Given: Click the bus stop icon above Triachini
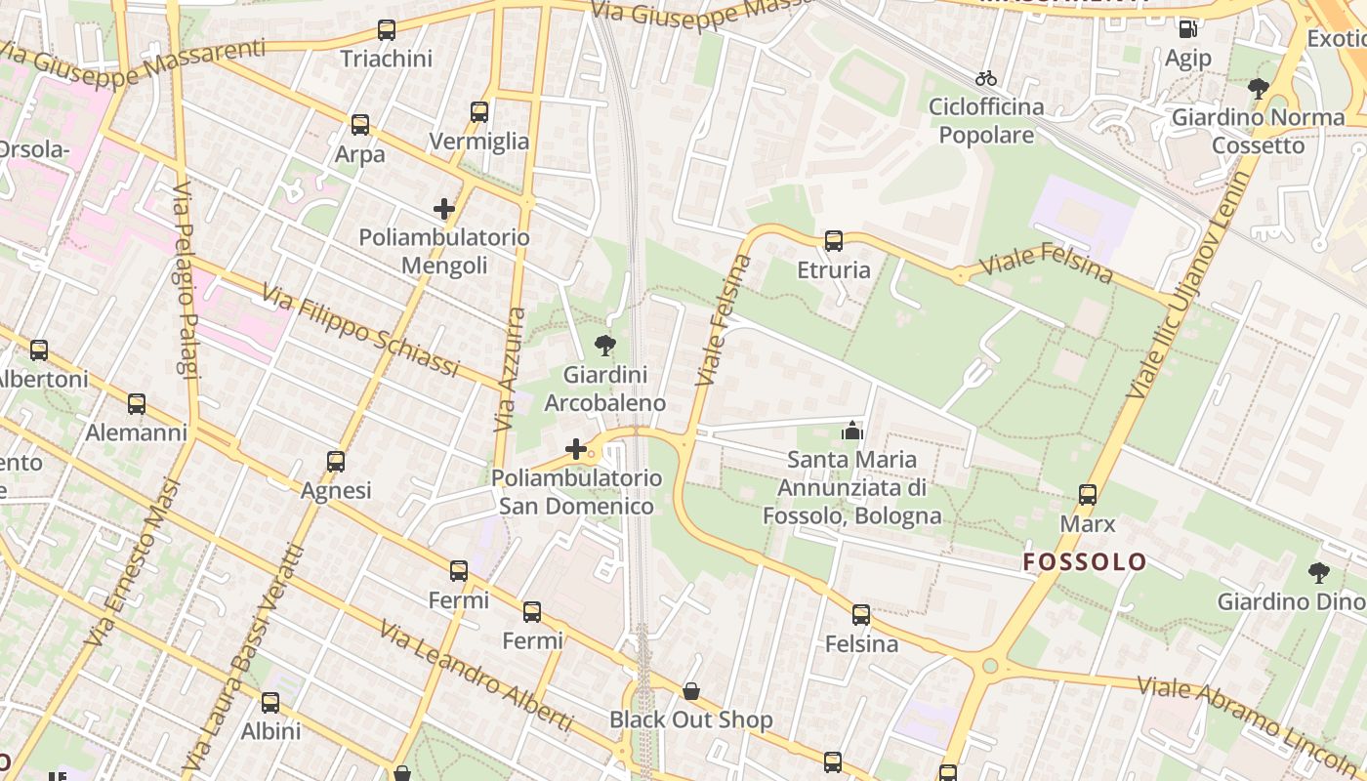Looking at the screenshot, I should pyautogui.click(x=387, y=30).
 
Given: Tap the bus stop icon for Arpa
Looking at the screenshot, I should pyautogui.click(x=360, y=125).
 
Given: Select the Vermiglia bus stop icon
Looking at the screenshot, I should pyautogui.click(x=478, y=112).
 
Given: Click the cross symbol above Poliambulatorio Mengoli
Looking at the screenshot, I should pyautogui.click(x=444, y=209).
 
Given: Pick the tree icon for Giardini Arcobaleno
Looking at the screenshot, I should pyautogui.click(x=605, y=345).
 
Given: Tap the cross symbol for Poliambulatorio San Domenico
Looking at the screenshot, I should pyautogui.click(x=576, y=449).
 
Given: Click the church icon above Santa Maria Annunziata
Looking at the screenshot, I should pyautogui.click(x=852, y=430).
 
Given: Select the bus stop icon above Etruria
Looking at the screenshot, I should pyautogui.click(x=833, y=241).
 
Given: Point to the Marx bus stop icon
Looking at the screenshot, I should pyautogui.click(x=1088, y=495).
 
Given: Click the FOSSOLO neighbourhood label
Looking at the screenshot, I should pyautogui.click(x=1085, y=561).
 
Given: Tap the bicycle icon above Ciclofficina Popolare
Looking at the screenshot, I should pyautogui.click(x=986, y=78).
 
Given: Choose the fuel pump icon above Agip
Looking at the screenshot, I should pyautogui.click(x=1187, y=29).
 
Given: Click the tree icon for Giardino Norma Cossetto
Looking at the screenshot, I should pyautogui.click(x=1259, y=89).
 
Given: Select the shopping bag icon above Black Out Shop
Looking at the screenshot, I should pyautogui.click(x=691, y=691).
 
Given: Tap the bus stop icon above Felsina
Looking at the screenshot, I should pyautogui.click(x=860, y=615).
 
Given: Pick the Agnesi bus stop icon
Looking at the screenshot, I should pyautogui.click(x=336, y=462).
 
